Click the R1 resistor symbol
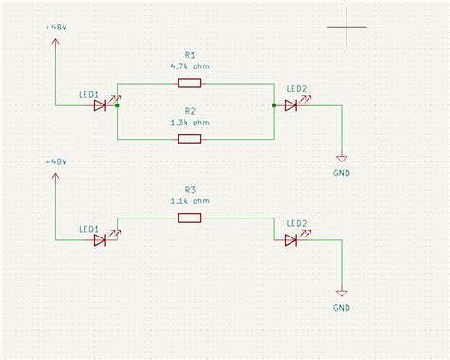click(189, 84)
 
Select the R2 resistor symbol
click(189, 140)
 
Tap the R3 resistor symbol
click(189, 218)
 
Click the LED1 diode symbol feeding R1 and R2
click(100, 106)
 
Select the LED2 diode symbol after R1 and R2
click(291, 106)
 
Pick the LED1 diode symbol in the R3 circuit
click(100, 241)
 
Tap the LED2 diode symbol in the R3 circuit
click(291, 241)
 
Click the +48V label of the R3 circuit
click(55, 163)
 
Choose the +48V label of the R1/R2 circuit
click(55, 28)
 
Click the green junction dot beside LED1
click(117, 106)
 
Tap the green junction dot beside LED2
click(273, 106)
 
